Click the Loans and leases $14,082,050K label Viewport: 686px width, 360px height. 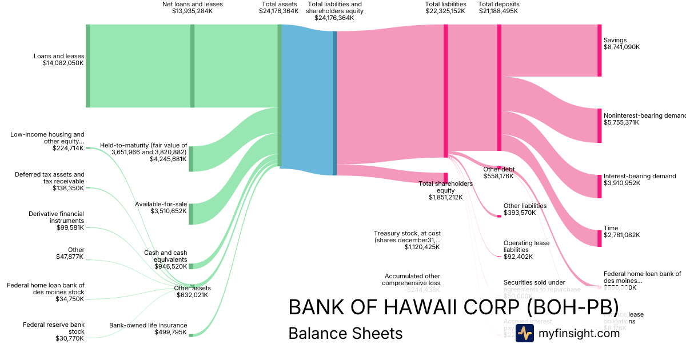(59, 59)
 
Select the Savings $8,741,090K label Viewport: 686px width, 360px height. (622, 43)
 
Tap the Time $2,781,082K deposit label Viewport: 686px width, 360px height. (622, 231)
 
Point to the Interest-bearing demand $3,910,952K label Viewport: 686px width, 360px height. (639, 179)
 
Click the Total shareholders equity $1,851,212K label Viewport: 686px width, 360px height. (446, 190)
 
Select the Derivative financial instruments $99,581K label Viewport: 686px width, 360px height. (56, 221)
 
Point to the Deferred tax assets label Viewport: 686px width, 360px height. (50, 181)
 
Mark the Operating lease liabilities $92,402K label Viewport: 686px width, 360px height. (526, 250)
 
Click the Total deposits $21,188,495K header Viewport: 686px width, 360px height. (498, 7)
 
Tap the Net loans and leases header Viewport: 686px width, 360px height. (193, 7)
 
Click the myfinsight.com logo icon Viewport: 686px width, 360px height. (525, 334)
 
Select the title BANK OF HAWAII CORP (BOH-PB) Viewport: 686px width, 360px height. (453, 307)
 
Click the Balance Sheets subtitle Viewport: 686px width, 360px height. (345, 333)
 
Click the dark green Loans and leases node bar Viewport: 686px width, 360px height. (88, 66)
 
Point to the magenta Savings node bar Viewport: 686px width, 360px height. (599, 50)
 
